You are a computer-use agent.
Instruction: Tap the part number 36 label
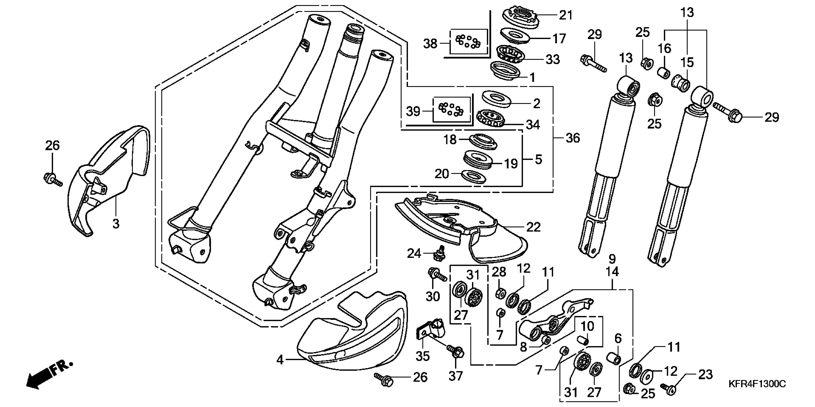tap(572, 138)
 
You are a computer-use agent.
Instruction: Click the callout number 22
tap(533, 227)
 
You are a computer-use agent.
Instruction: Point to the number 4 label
tap(280, 360)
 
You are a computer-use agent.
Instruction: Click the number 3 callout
tap(116, 224)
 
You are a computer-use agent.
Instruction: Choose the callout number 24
tap(414, 253)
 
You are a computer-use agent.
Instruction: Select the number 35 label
tap(423, 356)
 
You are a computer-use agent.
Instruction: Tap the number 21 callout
tap(566, 15)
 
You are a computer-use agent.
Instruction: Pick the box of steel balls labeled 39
tap(450, 109)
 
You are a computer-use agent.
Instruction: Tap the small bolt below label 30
tap(437, 275)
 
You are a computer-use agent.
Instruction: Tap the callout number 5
tap(538, 160)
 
